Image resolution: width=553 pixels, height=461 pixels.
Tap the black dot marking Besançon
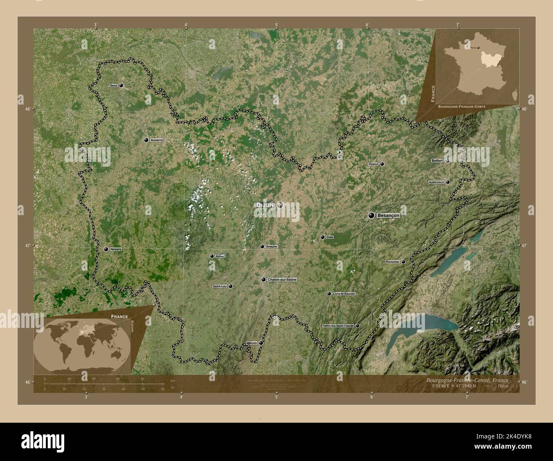371,216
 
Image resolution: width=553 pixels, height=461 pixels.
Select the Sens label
114,85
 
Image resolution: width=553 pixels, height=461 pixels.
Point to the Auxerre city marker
146,140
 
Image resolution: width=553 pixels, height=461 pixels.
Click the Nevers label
116,249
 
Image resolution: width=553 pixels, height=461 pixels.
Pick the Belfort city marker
448,161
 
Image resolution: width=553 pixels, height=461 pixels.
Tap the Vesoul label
373,164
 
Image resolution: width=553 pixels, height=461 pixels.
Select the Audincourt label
436,182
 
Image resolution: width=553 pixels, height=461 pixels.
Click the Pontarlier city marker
403,262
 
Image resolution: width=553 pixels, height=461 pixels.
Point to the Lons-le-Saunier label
345,294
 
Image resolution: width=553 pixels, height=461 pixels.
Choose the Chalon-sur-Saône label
282,280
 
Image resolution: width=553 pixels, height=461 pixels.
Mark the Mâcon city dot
261,342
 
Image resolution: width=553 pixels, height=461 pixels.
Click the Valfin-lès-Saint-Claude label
339,326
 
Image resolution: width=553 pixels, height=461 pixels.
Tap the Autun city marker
212,256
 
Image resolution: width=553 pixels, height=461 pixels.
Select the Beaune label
271,247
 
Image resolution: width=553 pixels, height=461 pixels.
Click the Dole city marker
322,237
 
